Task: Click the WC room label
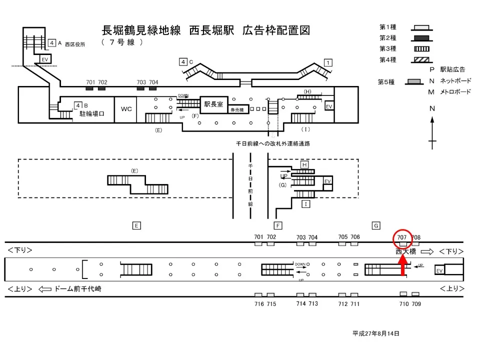coord(126,108)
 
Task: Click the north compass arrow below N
coord(432,132)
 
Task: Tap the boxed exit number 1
coord(328,62)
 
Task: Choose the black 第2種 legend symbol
coord(422,38)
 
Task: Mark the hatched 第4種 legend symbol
coord(422,60)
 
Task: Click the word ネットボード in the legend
coord(455,81)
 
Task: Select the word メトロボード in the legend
coord(455,92)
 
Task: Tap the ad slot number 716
coord(258,304)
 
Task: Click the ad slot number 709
coord(416,304)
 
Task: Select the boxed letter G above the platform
coord(376,225)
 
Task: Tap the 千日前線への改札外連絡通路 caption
coord(273,143)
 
